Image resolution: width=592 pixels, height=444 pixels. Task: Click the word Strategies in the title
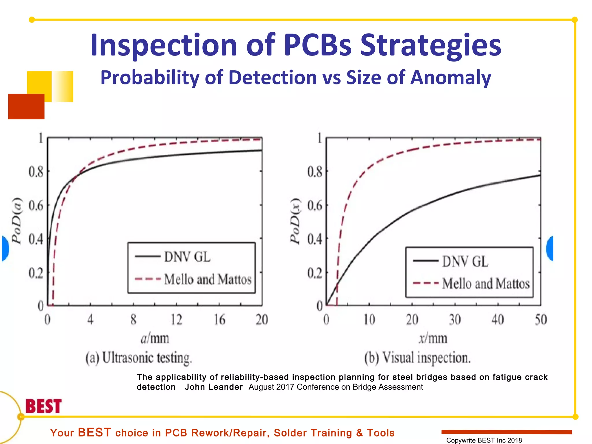pos(430,46)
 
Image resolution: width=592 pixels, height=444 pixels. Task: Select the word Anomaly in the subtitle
pos(451,77)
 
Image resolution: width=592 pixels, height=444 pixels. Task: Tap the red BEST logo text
pos(44,406)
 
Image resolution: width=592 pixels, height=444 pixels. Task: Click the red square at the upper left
pos(26,106)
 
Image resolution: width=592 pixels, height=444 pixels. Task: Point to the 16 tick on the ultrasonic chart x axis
pos(219,320)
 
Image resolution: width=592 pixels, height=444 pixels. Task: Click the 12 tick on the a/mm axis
pos(176,320)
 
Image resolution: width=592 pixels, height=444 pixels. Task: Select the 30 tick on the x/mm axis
pos(455,320)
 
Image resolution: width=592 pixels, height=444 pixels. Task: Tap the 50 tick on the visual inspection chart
pos(541,320)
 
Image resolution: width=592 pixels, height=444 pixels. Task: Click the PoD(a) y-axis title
pos(17,221)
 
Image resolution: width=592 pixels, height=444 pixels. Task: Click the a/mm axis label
pos(155,338)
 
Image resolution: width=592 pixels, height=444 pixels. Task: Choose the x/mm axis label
pos(433,338)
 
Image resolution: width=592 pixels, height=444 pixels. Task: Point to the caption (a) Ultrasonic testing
pos(139,358)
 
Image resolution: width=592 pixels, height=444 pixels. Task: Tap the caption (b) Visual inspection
pos(417,358)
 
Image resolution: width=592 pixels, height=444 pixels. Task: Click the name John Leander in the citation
pos(214,387)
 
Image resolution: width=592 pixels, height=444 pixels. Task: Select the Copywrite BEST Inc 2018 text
pos(484,440)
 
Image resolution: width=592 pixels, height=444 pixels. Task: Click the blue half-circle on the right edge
pos(550,249)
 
